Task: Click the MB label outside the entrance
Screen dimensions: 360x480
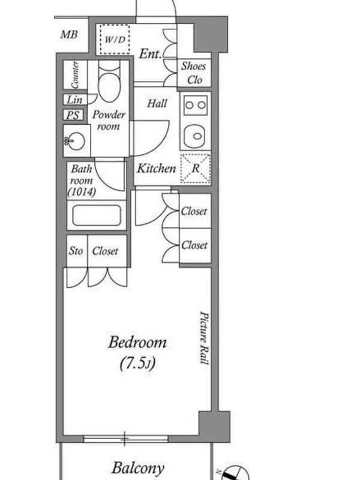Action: pyautogui.click(x=69, y=35)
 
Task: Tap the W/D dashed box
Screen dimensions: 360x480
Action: pyautogui.click(x=115, y=40)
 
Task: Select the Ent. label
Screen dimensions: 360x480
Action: pyautogui.click(x=150, y=54)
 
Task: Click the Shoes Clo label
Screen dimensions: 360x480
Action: pyautogui.click(x=193, y=73)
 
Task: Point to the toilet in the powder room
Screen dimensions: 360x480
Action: pyautogui.click(x=109, y=81)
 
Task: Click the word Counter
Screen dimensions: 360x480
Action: pyautogui.click(x=74, y=74)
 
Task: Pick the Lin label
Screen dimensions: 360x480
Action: pyautogui.click(x=74, y=100)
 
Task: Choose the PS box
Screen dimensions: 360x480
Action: pyautogui.click(x=73, y=115)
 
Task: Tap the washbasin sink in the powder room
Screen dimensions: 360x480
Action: pyautogui.click(x=76, y=141)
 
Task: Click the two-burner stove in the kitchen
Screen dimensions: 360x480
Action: pyautogui.click(x=196, y=105)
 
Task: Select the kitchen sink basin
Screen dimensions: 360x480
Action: pyautogui.click(x=196, y=137)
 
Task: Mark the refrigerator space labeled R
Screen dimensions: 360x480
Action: pyautogui.click(x=196, y=168)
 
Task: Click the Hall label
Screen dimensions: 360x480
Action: pyautogui.click(x=157, y=103)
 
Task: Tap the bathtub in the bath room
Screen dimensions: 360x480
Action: pyautogui.click(x=97, y=215)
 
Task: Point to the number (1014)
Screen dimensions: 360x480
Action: pyautogui.click(x=82, y=192)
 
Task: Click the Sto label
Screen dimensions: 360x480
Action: pyautogui.click(x=76, y=251)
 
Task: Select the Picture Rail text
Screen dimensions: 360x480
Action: pyautogui.click(x=204, y=338)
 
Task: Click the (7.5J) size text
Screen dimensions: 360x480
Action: pyautogui.click(x=137, y=364)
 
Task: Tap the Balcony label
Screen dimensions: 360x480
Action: pyautogui.click(x=138, y=469)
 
